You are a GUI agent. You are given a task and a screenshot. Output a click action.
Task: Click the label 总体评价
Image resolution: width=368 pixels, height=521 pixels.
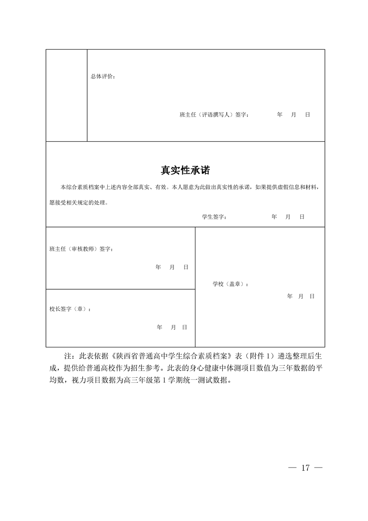[103, 76]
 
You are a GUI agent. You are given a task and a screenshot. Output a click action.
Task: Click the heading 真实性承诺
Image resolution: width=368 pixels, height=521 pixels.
[185, 170]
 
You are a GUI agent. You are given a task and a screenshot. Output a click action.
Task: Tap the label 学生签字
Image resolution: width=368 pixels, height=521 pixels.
[213, 217]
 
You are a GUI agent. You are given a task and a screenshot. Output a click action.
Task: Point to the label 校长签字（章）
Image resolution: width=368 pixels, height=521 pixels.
[70, 309]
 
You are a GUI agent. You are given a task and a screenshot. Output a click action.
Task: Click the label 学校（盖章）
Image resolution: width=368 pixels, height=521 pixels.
[230, 284]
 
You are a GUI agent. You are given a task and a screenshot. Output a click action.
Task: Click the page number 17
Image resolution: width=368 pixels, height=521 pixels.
[305, 468]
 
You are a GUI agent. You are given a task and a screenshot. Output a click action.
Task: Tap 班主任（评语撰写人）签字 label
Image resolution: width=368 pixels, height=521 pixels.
[214, 114]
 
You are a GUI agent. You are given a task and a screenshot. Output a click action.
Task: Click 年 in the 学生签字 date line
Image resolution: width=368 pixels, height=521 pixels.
[274, 217]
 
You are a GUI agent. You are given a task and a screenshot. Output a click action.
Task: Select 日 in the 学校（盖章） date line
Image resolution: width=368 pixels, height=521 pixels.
[312, 296]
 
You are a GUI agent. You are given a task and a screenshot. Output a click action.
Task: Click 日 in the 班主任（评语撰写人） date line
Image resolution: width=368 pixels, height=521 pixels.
[308, 114]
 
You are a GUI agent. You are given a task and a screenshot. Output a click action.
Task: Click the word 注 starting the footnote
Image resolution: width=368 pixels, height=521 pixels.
[66, 356]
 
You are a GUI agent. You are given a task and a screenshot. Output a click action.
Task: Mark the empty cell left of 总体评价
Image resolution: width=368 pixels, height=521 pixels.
[66, 95]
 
